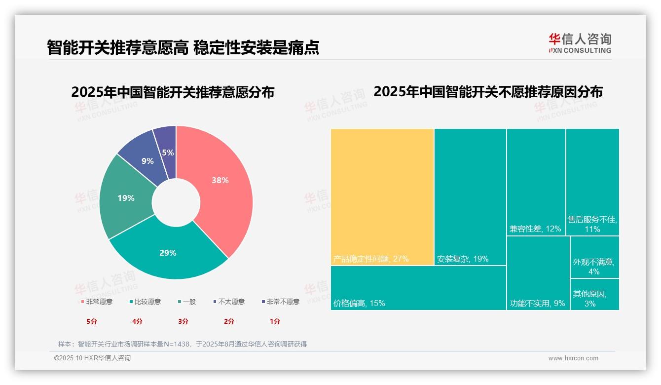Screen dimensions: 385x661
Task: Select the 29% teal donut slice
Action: coord(168,254)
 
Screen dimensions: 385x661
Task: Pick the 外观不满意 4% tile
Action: coord(594,257)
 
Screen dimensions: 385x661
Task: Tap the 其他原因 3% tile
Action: coord(594,294)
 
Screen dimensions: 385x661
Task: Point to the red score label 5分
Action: coord(92,321)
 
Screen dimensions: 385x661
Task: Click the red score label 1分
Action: coord(275,321)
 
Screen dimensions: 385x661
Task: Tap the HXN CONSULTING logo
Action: coord(580,43)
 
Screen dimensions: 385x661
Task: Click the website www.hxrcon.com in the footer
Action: coord(573,358)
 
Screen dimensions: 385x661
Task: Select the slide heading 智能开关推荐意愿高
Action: coord(117,47)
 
